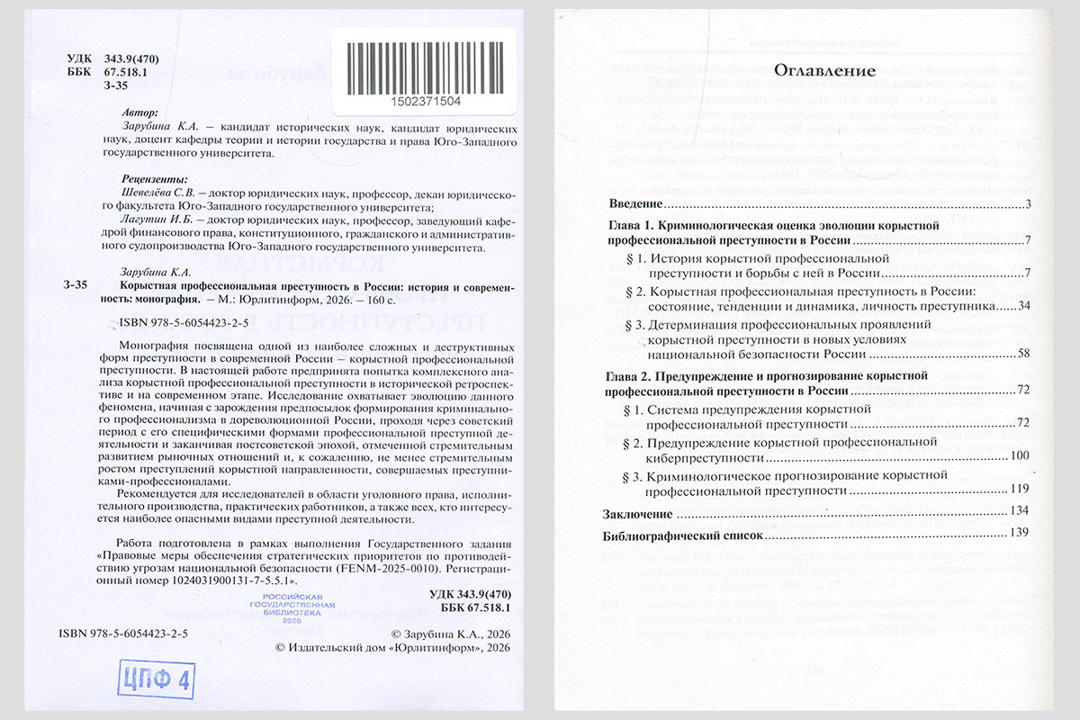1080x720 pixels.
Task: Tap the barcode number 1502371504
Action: coord(424,100)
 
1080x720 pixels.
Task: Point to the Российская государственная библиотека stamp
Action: coord(292,608)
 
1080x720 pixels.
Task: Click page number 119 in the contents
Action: coord(1018,490)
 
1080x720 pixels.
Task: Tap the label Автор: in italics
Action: coord(138,114)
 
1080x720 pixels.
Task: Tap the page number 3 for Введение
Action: coord(1026,206)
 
